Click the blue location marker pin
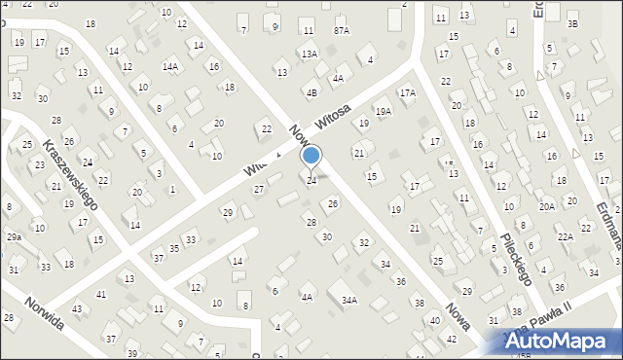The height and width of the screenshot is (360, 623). click(x=311, y=156)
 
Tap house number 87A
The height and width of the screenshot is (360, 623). click(x=341, y=31)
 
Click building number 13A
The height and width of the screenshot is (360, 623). click(x=309, y=54)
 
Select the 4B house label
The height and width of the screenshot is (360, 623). click(x=311, y=93)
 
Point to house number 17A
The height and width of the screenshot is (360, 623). click(x=407, y=93)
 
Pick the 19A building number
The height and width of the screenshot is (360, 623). click(x=384, y=112)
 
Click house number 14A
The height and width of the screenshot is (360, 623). click(x=170, y=66)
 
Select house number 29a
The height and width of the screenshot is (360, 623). click(x=15, y=236)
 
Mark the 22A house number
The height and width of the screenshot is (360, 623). click(x=566, y=237)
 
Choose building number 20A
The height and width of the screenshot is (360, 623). click(x=548, y=206)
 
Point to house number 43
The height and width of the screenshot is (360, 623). click(x=77, y=308)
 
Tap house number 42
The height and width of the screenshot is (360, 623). click(x=451, y=339)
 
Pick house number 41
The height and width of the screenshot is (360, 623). click(x=101, y=294)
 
